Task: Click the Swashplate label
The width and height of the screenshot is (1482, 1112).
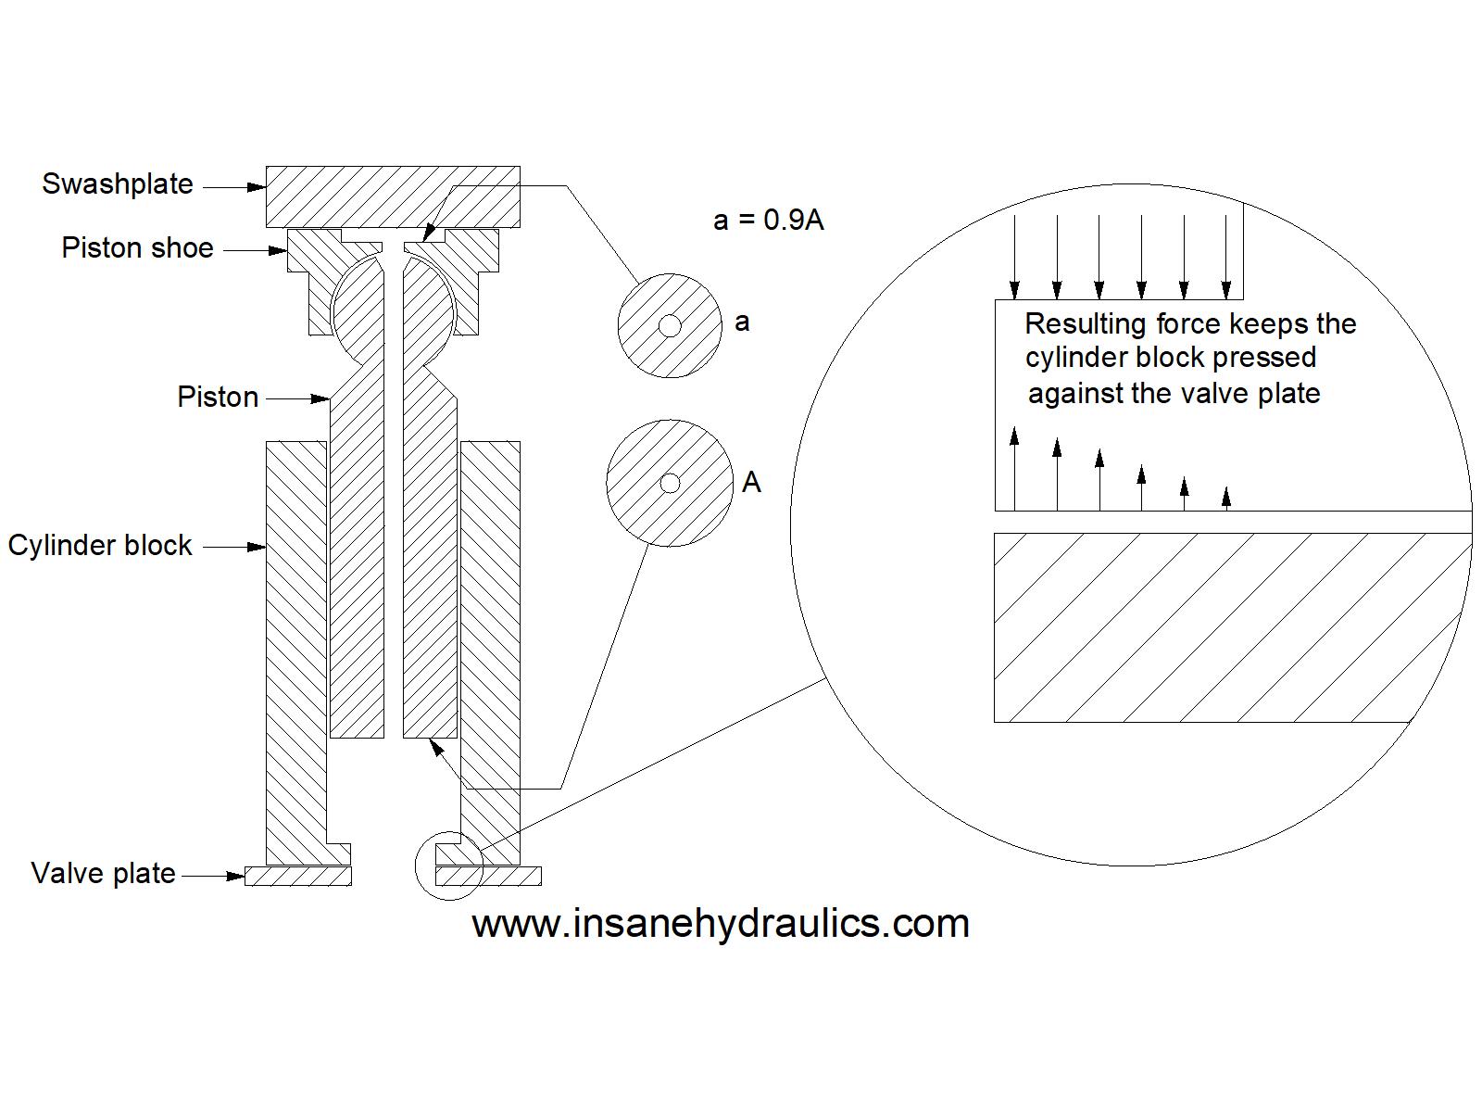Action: click(118, 183)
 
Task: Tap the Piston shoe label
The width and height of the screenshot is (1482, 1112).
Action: click(137, 248)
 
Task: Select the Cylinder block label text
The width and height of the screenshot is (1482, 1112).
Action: click(100, 545)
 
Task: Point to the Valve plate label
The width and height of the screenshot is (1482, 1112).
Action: click(103, 873)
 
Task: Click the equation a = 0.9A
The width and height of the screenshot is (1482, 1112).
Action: click(768, 220)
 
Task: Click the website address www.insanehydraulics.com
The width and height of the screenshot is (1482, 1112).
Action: click(720, 923)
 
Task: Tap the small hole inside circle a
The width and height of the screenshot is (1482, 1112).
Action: click(671, 325)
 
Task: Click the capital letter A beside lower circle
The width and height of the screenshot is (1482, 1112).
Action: click(751, 483)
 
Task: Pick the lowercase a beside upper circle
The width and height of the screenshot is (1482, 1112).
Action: click(742, 322)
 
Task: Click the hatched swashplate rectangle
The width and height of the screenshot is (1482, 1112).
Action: click(393, 196)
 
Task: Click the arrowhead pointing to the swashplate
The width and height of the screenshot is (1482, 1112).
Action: click(257, 187)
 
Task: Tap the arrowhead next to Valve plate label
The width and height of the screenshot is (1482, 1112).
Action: click(235, 875)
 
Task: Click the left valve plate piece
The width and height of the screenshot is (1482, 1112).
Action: click(298, 876)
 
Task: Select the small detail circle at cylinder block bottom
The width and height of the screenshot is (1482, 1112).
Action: click(449, 866)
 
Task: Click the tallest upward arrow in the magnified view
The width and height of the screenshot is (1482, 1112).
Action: click(1015, 468)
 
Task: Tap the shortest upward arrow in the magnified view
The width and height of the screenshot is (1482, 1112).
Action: click(1227, 499)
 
